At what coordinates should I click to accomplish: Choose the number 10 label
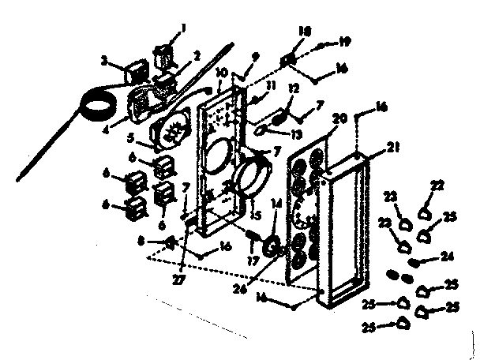coord(220,72)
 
